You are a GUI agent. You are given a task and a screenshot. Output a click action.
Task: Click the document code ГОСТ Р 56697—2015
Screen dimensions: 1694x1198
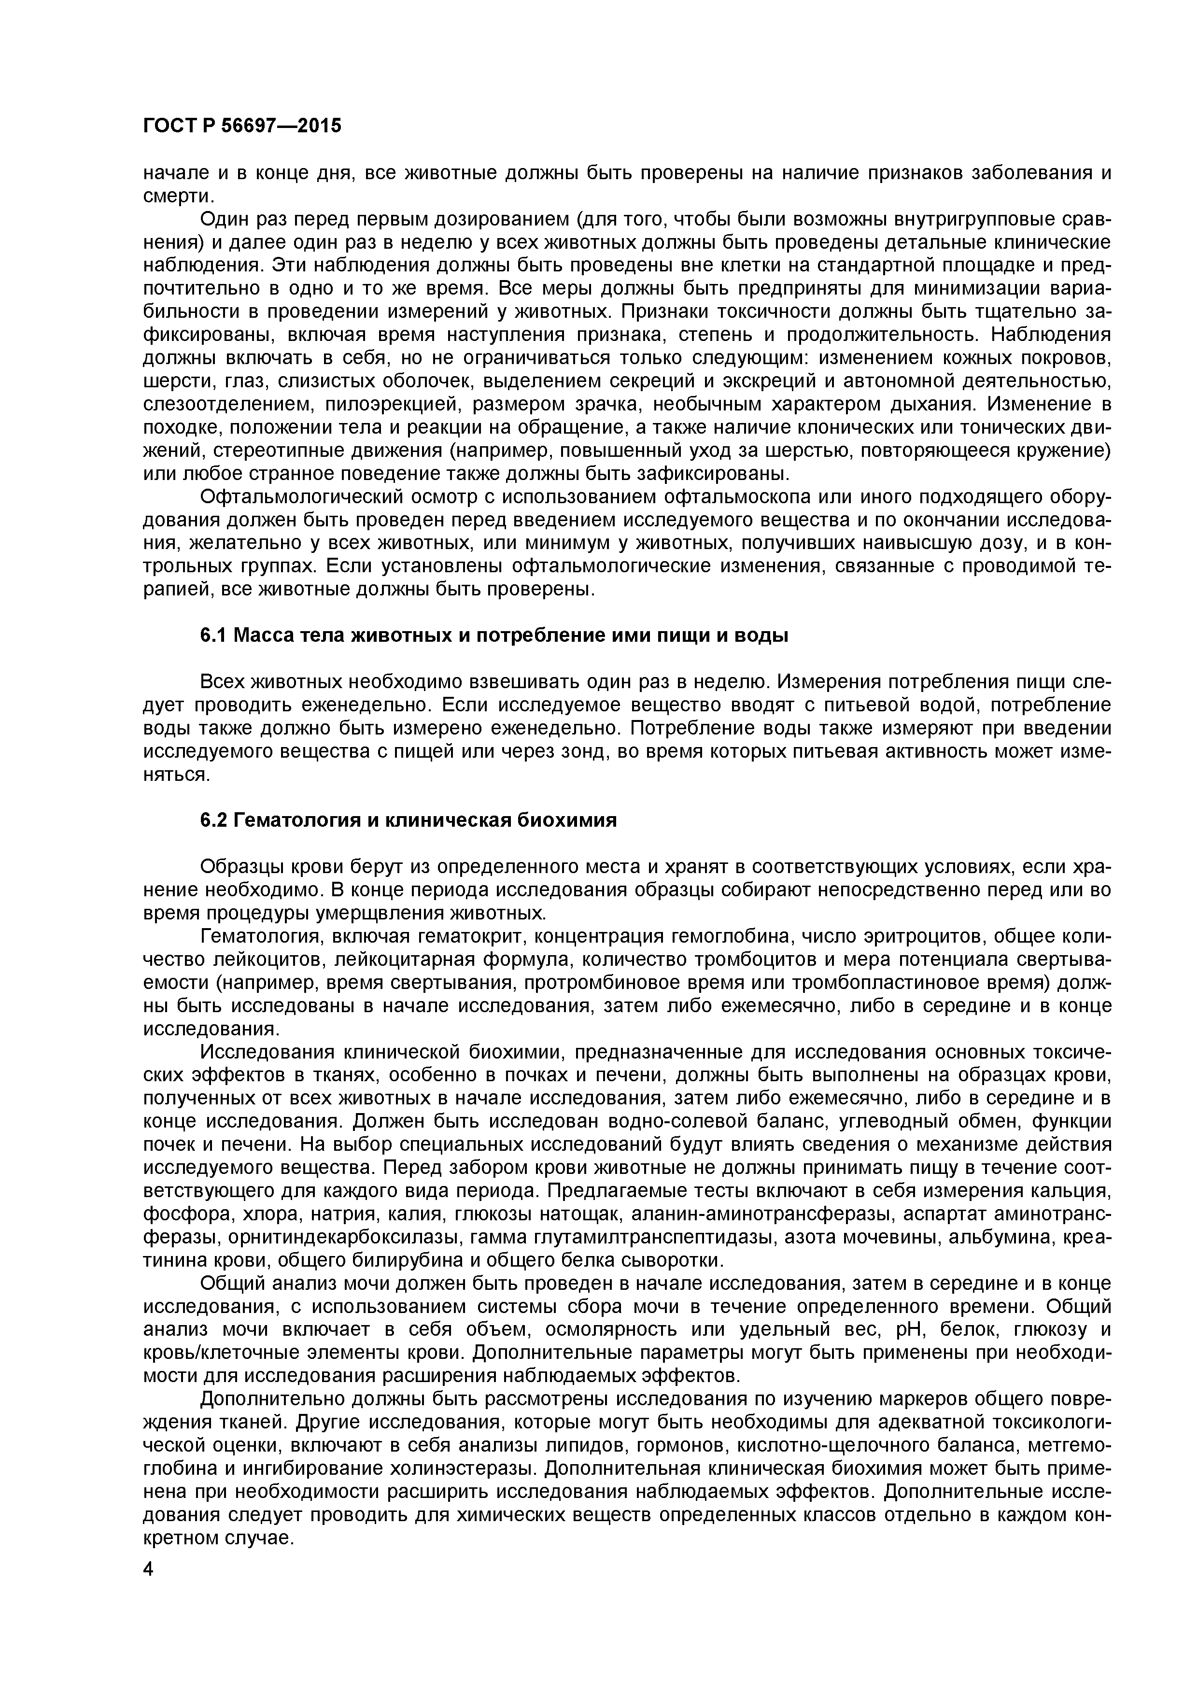pos(242,126)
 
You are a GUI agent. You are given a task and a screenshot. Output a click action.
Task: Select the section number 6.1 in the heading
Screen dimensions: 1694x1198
pos(214,635)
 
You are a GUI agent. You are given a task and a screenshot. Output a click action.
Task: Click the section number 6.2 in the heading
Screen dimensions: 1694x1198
pos(214,820)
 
